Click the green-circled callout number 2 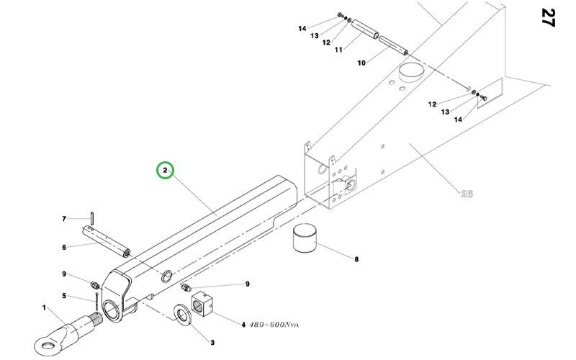point(165,171)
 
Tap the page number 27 point(547,17)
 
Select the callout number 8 point(356,259)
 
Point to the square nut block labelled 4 point(202,303)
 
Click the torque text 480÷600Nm point(274,325)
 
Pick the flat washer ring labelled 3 point(184,315)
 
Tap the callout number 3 point(212,343)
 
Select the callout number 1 point(45,307)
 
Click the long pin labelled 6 point(106,241)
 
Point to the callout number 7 point(64,219)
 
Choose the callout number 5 point(64,296)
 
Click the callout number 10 point(361,63)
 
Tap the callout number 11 point(338,49)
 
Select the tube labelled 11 point(365,30)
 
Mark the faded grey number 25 point(467,194)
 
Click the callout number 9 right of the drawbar point(247,284)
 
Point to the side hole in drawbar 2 point(167,276)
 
